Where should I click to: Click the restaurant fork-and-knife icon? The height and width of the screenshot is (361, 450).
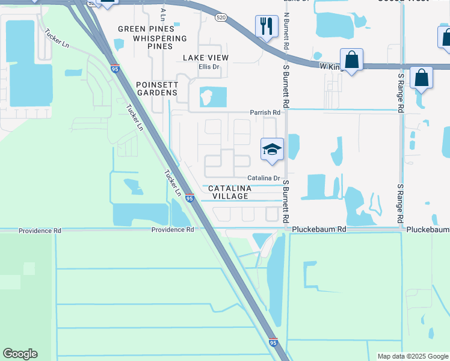point(267,26)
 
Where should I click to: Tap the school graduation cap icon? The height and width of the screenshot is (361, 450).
point(272,149)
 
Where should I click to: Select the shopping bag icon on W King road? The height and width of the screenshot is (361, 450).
point(352,60)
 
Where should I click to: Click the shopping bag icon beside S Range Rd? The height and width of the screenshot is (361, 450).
point(422,78)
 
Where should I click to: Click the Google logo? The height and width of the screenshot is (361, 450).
point(20,354)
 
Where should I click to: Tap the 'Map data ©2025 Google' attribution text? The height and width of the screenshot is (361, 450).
point(411,356)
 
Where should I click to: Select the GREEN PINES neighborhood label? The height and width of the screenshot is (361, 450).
point(146,29)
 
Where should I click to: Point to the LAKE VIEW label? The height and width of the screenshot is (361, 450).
point(207,58)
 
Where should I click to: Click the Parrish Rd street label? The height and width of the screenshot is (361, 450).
point(265,113)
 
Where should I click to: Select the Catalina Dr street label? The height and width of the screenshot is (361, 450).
point(264,178)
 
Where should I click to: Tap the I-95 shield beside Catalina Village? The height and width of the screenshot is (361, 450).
point(190,197)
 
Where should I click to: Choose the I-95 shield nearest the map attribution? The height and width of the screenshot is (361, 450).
point(273,342)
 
